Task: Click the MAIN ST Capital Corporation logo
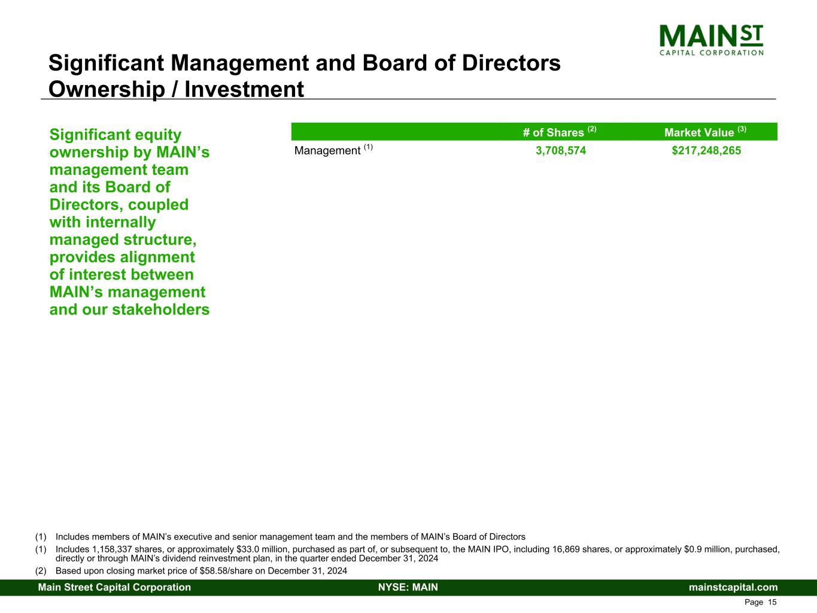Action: (711, 40)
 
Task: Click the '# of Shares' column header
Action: (560, 132)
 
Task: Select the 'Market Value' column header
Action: (705, 132)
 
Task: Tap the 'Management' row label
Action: (327, 150)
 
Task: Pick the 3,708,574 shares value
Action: (561, 150)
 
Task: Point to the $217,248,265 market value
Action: (706, 150)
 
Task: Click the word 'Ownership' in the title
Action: (107, 89)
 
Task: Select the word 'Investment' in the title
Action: (244, 89)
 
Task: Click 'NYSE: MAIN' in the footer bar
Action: (408, 587)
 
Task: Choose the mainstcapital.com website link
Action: (733, 587)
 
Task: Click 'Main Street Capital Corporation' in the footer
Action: (114, 587)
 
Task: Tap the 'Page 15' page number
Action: (760, 602)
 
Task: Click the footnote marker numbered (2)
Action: (41, 571)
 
